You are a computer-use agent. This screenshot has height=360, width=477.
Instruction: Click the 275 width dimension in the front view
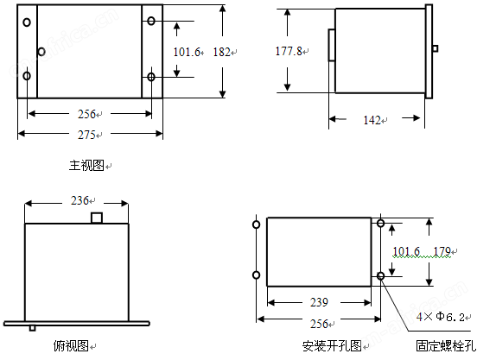pyautogui.click(x=86, y=135)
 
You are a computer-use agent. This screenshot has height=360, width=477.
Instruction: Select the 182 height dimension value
pyautogui.click(x=221, y=52)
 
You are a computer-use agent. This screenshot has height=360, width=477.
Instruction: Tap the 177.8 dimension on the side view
pyautogui.click(x=289, y=51)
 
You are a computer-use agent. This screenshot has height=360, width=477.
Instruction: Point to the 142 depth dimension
pyautogui.click(x=372, y=120)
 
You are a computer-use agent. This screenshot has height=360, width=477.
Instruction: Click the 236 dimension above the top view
pyautogui.click(x=79, y=200)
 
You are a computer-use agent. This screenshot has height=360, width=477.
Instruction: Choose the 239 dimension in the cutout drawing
pyautogui.click(x=319, y=302)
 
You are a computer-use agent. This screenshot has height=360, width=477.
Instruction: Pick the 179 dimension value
pyautogui.click(x=442, y=251)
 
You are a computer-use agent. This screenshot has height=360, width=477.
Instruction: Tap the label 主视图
pyautogui.click(x=86, y=166)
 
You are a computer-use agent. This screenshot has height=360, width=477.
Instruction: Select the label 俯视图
pyautogui.click(x=71, y=345)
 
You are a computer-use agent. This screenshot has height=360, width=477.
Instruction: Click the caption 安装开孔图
pyautogui.click(x=332, y=346)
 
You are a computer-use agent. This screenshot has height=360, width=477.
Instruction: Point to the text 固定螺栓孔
pyautogui.click(x=446, y=346)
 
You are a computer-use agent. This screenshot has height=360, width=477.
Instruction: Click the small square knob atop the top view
pyautogui.click(x=97, y=218)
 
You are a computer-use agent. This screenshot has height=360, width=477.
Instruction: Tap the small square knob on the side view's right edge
pyautogui.click(x=436, y=48)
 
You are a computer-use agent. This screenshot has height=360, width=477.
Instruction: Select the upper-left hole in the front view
pyautogui.click(x=27, y=22)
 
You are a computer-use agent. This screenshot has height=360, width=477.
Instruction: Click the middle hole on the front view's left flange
pyautogui.click(x=41, y=52)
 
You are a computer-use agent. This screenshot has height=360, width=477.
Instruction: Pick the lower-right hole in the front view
pyautogui.click(x=151, y=77)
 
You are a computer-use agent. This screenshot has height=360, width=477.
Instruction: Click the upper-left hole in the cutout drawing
pyautogui.click(x=257, y=224)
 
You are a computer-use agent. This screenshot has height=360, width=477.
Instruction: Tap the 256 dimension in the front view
pyautogui.click(x=86, y=114)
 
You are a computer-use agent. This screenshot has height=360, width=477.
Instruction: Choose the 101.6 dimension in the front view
pyautogui.click(x=187, y=52)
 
